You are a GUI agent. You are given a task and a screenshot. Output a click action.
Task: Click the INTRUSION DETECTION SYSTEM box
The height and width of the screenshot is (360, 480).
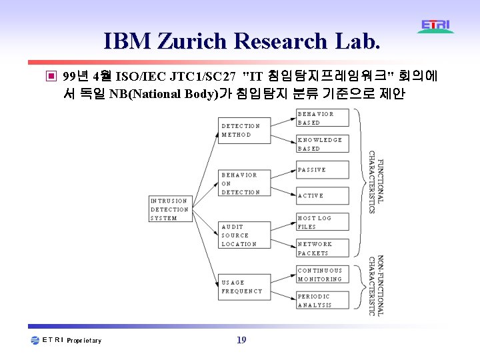click(170, 209)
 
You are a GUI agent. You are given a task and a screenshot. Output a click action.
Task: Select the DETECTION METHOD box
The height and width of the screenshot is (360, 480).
click(244, 130)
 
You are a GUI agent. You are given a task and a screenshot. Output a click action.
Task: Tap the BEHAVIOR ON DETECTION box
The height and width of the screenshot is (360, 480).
click(244, 183)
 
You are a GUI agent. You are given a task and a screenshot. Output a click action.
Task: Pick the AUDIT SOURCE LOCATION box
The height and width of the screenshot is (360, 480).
click(244, 235)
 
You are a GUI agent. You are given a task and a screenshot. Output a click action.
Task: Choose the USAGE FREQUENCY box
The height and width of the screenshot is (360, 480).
click(244, 287)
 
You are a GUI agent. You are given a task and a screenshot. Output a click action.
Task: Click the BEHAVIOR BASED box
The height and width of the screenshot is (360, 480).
click(322, 118)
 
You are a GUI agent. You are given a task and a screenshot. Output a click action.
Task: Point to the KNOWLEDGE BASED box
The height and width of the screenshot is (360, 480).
click(322, 144)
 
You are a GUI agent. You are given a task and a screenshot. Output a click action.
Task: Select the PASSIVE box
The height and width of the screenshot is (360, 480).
click(322, 170)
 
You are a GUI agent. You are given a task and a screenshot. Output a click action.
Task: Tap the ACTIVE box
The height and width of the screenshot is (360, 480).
click(322, 195)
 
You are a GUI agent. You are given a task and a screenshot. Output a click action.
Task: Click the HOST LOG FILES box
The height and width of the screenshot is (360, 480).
click(322, 222)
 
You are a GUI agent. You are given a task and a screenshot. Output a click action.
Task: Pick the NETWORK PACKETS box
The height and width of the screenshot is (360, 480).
click(322, 249)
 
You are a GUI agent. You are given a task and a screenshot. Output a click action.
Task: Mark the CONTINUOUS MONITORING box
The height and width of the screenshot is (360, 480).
click(322, 275)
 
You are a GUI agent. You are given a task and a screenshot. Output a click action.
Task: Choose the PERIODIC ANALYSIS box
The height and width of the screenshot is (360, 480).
click(322, 301)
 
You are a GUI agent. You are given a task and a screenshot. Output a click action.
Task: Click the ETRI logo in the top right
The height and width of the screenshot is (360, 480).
click(436, 26)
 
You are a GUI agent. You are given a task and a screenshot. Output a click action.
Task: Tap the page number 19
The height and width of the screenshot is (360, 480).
click(241, 340)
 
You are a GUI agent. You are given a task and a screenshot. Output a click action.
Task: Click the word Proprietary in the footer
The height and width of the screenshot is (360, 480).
click(84, 341)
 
